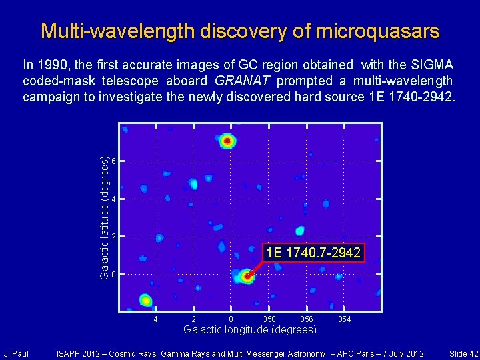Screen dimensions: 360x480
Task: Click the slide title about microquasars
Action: (x=240, y=31)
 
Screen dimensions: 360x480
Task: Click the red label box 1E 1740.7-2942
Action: (x=313, y=253)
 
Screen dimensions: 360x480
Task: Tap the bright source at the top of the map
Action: (x=227, y=141)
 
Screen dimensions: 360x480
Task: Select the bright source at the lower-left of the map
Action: (x=145, y=300)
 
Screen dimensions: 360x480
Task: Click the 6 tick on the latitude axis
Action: (x=114, y=162)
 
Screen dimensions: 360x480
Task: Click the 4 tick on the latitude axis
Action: (x=114, y=200)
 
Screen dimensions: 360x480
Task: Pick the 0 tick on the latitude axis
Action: (x=114, y=275)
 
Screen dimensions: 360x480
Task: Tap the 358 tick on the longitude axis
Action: (x=269, y=320)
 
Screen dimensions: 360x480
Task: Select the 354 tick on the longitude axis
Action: (x=344, y=320)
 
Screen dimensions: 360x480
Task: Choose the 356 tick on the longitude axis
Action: (x=307, y=320)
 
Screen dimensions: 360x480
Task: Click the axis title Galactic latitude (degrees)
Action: (x=104, y=218)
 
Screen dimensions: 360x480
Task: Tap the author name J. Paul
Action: (x=15, y=353)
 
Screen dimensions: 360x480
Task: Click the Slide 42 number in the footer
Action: (x=463, y=353)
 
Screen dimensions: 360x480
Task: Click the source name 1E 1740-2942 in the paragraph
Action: (x=409, y=97)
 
